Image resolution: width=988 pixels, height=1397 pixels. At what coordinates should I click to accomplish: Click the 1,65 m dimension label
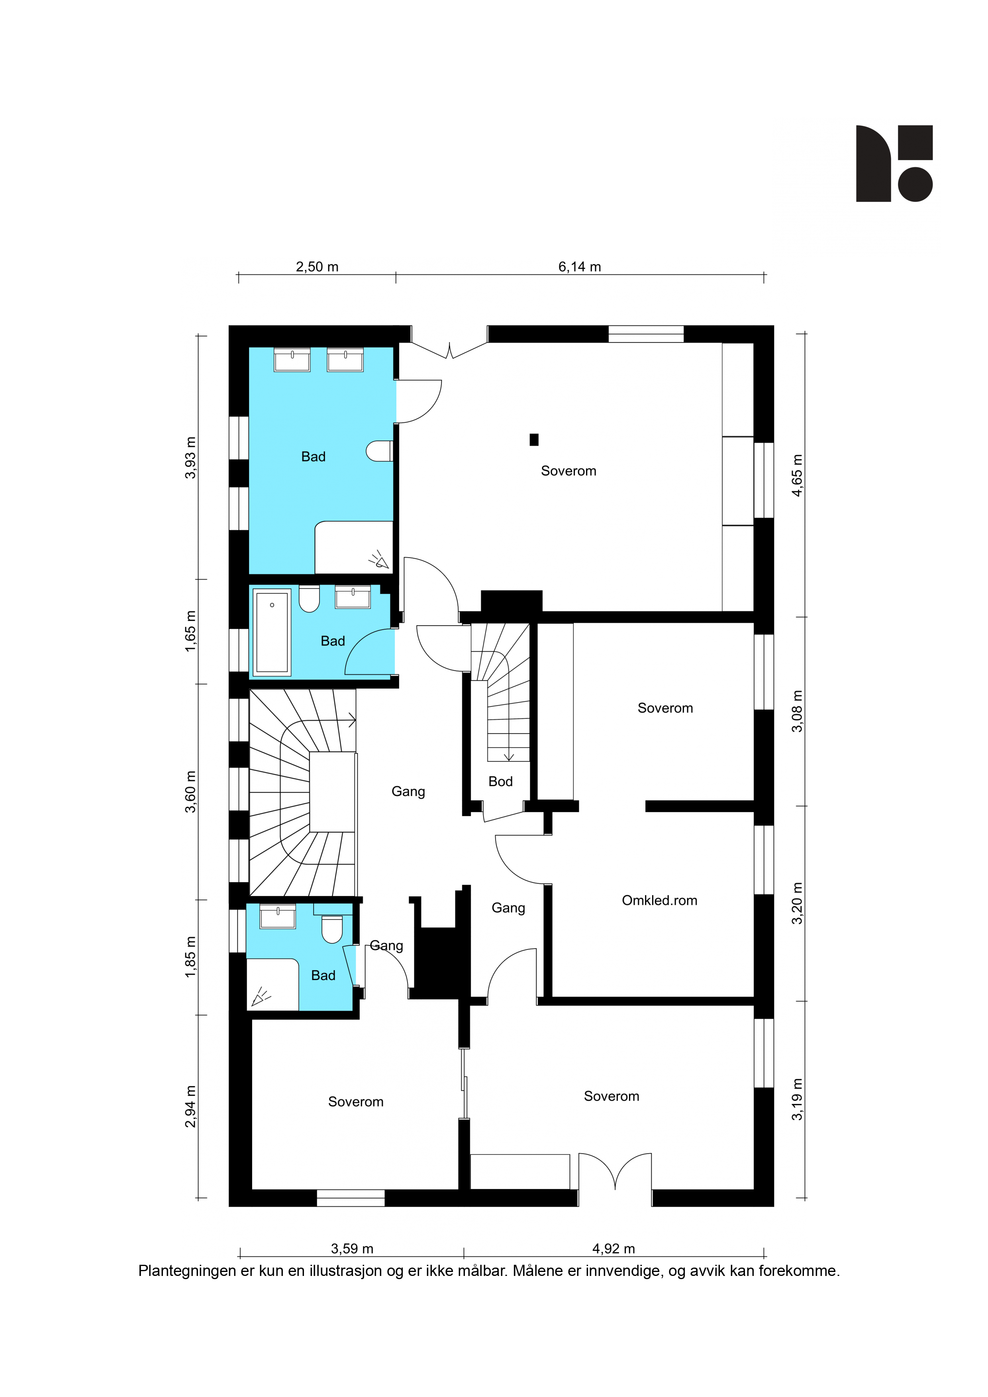(190, 631)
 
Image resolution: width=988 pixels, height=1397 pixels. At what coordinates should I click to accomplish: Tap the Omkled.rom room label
(659, 900)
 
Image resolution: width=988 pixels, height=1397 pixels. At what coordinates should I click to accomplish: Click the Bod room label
(500, 781)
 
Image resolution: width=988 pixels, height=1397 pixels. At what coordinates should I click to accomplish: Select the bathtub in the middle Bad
(272, 632)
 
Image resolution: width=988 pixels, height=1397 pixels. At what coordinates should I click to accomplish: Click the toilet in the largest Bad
(379, 451)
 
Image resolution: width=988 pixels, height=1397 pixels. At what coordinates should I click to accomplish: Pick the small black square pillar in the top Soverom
(534, 439)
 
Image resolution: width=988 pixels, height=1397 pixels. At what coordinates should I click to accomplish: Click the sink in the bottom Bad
(278, 916)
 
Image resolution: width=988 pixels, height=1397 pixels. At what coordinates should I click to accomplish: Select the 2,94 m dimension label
(190, 1107)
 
